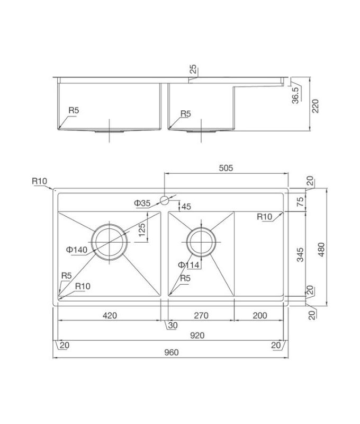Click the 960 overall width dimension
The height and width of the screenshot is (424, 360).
(171, 352)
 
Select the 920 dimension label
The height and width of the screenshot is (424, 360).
(197, 335)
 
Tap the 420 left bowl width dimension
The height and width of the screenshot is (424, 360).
(110, 315)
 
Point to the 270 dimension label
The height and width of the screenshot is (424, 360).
(201, 315)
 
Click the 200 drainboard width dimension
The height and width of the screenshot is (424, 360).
(260, 315)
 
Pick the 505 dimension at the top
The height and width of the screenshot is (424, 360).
(226, 168)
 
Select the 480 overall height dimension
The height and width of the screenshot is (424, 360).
(321, 250)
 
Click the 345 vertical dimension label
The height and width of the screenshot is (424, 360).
(300, 254)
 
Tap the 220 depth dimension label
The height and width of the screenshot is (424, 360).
(315, 106)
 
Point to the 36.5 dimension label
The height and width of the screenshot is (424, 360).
(295, 95)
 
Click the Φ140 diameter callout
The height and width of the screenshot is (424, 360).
(77, 250)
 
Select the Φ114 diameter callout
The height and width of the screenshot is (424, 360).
(188, 265)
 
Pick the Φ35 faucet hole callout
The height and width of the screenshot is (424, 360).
(142, 203)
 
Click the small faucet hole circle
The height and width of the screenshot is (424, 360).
(164, 200)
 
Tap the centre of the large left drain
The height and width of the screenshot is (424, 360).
(110, 242)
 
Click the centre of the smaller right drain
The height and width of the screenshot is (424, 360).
(201, 242)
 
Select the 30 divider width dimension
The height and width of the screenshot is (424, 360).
(173, 325)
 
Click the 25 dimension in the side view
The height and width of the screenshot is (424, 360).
(193, 69)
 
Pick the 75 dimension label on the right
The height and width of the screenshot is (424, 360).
(300, 202)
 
